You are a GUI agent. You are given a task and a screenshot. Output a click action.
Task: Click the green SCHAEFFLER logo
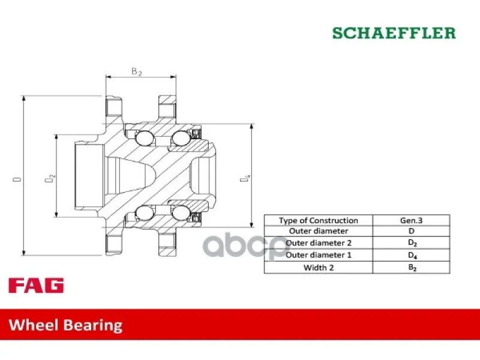394,33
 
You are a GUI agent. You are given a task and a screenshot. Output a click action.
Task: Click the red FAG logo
36,286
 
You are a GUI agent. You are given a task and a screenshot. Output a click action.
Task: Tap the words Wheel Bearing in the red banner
65,325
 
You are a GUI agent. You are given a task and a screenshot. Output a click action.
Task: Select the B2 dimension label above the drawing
137,71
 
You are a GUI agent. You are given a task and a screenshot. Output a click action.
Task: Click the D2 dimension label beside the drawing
50,178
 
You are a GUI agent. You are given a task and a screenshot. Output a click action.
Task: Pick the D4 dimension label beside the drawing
245,178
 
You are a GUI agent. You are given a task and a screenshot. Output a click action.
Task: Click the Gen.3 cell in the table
411,220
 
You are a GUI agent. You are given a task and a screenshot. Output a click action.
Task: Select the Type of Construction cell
319,220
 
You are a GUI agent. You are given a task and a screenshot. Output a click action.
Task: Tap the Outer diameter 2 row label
319,243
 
